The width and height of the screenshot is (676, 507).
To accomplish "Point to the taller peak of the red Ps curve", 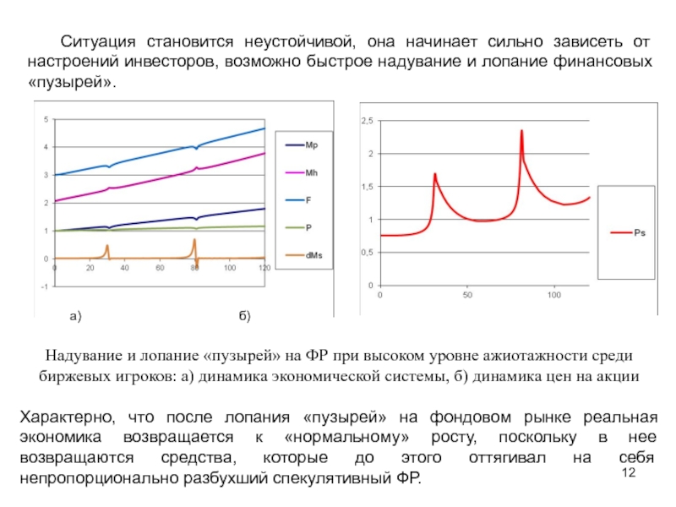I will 522,131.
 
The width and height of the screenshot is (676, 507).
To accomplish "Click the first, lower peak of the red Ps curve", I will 434,174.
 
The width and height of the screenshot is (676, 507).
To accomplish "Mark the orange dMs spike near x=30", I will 107,246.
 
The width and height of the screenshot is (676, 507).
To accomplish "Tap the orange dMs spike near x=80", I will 194,240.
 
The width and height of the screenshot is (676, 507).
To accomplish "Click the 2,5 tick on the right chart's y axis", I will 367,123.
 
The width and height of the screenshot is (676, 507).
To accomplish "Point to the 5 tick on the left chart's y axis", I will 46,119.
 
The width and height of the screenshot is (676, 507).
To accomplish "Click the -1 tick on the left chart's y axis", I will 44,286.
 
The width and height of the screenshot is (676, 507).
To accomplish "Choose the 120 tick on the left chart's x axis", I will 264,268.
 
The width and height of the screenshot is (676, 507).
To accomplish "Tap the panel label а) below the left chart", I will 74,317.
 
